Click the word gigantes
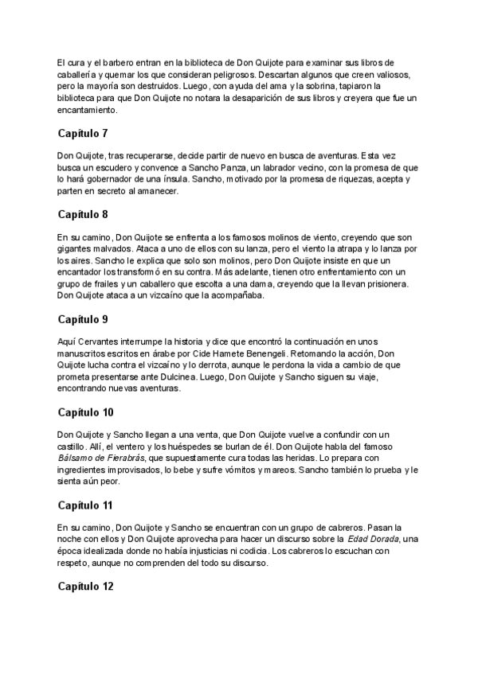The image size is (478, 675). tap(76, 249)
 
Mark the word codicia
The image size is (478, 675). tap(272, 553)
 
